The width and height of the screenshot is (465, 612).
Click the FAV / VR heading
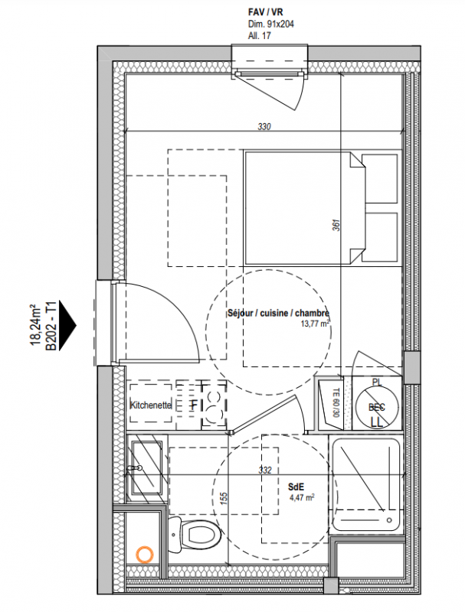(265, 12)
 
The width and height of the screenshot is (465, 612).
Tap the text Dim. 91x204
(270, 24)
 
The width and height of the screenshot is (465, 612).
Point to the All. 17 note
(259, 36)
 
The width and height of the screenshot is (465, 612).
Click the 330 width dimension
(264, 126)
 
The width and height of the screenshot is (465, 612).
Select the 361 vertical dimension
(336, 225)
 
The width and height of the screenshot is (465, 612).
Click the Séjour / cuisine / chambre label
(279, 313)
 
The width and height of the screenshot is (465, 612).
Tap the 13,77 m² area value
(315, 323)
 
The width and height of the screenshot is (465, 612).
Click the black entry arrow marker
(67, 325)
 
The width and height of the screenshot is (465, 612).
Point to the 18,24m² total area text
(36, 325)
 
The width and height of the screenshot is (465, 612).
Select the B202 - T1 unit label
(51, 325)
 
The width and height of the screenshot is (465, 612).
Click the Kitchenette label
(151, 405)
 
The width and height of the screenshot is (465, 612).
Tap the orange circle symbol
(144, 554)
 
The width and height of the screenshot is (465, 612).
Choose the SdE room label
(296, 487)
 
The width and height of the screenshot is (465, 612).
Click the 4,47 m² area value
(302, 497)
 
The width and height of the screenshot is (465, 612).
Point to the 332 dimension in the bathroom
(264, 470)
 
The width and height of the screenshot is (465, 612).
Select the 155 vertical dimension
(224, 499)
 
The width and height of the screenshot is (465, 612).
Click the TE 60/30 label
(336, 403)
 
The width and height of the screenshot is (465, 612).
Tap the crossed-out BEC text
(377, 407)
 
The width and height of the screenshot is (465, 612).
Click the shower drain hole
(389, 520)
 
